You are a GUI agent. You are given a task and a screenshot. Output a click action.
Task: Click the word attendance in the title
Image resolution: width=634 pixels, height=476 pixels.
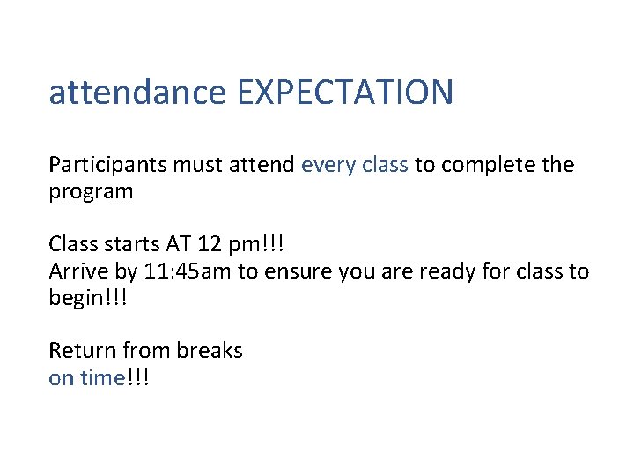click(137, 93)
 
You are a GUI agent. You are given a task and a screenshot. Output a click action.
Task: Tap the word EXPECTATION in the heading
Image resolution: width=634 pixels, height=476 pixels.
click(345, 93)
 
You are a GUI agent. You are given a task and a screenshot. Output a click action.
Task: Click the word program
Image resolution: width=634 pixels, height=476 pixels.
click(92, 191)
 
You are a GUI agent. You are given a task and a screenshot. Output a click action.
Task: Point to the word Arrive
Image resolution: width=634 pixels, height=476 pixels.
click(77, 271)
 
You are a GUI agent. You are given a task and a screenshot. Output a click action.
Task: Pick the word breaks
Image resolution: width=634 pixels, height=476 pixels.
click(210, 350)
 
